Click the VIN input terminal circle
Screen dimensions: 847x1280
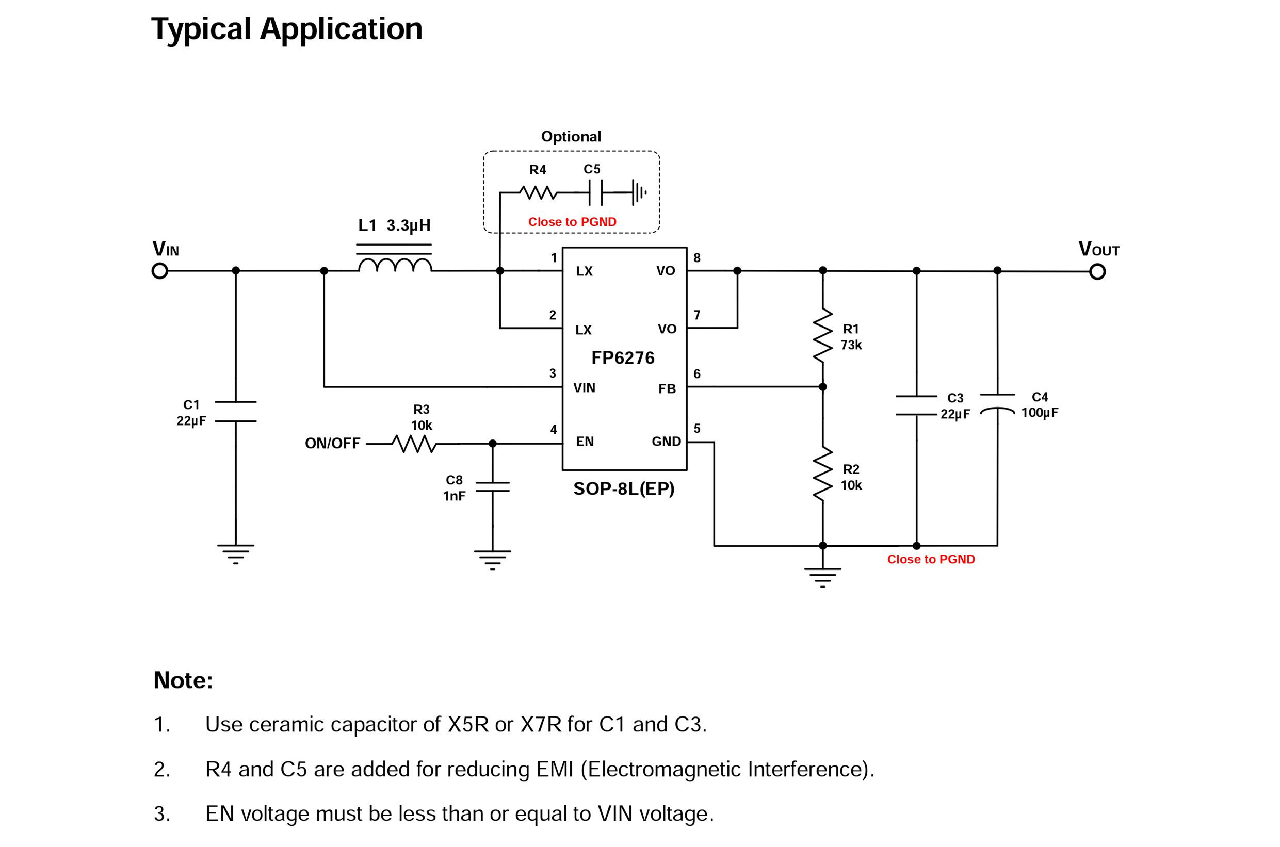click(x=160, y=271)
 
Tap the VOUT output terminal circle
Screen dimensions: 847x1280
click(x=1097, y=271)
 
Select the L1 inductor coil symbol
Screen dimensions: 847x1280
click(x=395, y=265)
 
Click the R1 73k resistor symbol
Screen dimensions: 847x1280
click(x=822, y=335)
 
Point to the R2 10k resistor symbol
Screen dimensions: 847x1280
click(x=822, y=474)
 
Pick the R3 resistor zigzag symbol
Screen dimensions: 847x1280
click(x=414, y=444)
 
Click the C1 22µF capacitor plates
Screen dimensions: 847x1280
click(x=236, y=412)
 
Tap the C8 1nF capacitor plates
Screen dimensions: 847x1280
click(x=492, y=487)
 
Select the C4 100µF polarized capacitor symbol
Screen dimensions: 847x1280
click(x=997, y=403)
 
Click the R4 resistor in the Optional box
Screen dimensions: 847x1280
click(x=538, y=192)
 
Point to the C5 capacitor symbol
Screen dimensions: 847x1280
click(x=595, y=192)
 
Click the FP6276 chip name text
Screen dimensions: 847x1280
click(x=623, y=357)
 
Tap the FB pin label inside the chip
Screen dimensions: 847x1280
click(x=667, y=389)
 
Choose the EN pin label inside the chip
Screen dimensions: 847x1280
click(x=585, y=442)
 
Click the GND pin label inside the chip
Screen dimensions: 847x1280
click(x=666, y=442)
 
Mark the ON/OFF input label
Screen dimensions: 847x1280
click(x=332, y=444)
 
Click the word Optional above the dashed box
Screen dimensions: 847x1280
click(x=571, y=137)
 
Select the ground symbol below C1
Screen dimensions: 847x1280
click(x=236, y=553)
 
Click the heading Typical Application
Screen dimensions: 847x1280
click(x=286, y=29)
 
